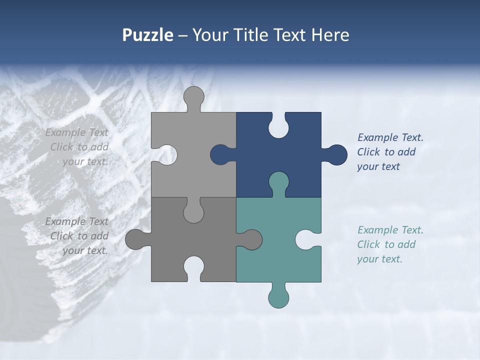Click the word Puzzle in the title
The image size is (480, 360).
(147, 35)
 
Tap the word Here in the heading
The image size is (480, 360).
(330, 35)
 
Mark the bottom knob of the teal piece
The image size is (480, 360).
(278, 298)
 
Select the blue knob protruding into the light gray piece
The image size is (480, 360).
(220, 154)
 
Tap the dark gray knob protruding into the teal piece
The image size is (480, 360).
(252, 239)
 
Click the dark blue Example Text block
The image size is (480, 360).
(389, 152)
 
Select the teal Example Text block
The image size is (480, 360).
(389, 244)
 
